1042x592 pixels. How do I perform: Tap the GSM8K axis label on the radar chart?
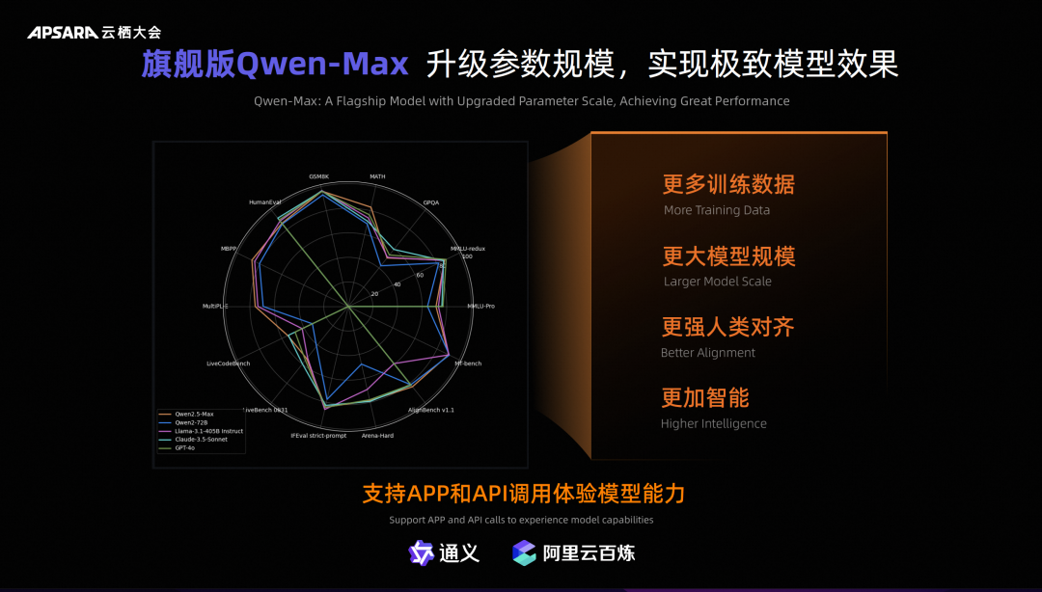pyautogui.click(x=319, y=176)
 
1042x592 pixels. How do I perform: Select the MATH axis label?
pyautogui.click(x=377, y=176)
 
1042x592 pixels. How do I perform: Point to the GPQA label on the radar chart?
pyautogui.click(x=430, y=202)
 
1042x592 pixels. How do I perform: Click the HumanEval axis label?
pyautogui.click(x=264, y=202)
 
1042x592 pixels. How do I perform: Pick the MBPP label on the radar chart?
pyautogui.click(x=229, y=249)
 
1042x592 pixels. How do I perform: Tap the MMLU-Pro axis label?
pyautogui.click(x=480, y=306)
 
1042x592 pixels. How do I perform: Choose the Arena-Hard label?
pyautogui.click(x=377, y=435)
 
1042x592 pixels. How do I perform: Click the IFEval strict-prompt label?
pyautogui.click(x=318, y=435)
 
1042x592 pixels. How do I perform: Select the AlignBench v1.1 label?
pyautogui.click(x=431, y=410)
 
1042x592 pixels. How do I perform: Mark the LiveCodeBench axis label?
pyautogui.click(x=229, y=363)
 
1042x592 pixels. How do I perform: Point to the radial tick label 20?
pyautogui.click(x=374, y=293)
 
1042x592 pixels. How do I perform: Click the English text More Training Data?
pyautogui.click(x=716, y=210)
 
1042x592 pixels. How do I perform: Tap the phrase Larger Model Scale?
pyautogui.click(x=717, y=282)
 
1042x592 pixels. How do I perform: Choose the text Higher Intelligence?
pyautogui.click(x=713, y=423)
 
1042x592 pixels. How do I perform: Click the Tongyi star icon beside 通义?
pyautogui.click(x=422, y=552)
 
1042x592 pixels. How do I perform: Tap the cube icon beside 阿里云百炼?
pyautogui.click(x=524, y=552)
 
